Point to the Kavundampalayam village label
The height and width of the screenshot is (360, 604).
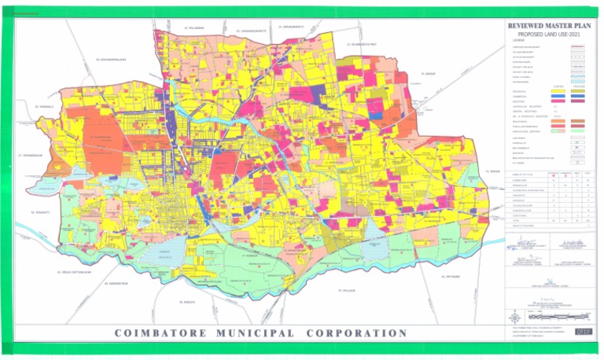[x=111, y=59]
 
